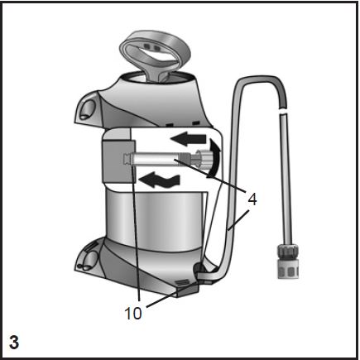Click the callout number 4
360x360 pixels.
point(252,199)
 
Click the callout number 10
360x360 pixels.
point(133,313)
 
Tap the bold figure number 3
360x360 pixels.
point(14,342)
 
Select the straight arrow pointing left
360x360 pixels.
point(188,139)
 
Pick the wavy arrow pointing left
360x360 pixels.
point(160,180)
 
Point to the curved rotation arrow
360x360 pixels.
point(214,158)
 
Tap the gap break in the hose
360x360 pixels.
point(283,111)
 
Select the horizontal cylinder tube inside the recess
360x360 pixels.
point(156,159)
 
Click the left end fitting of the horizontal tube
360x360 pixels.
point(127,160)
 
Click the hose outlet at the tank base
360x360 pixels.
point(199,269)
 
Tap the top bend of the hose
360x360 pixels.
point(259,80)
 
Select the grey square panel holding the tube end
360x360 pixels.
point(118,161)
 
